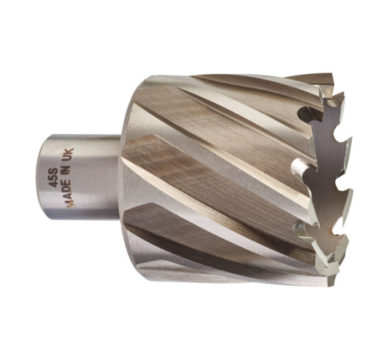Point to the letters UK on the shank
69,154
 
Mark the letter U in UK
69,157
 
